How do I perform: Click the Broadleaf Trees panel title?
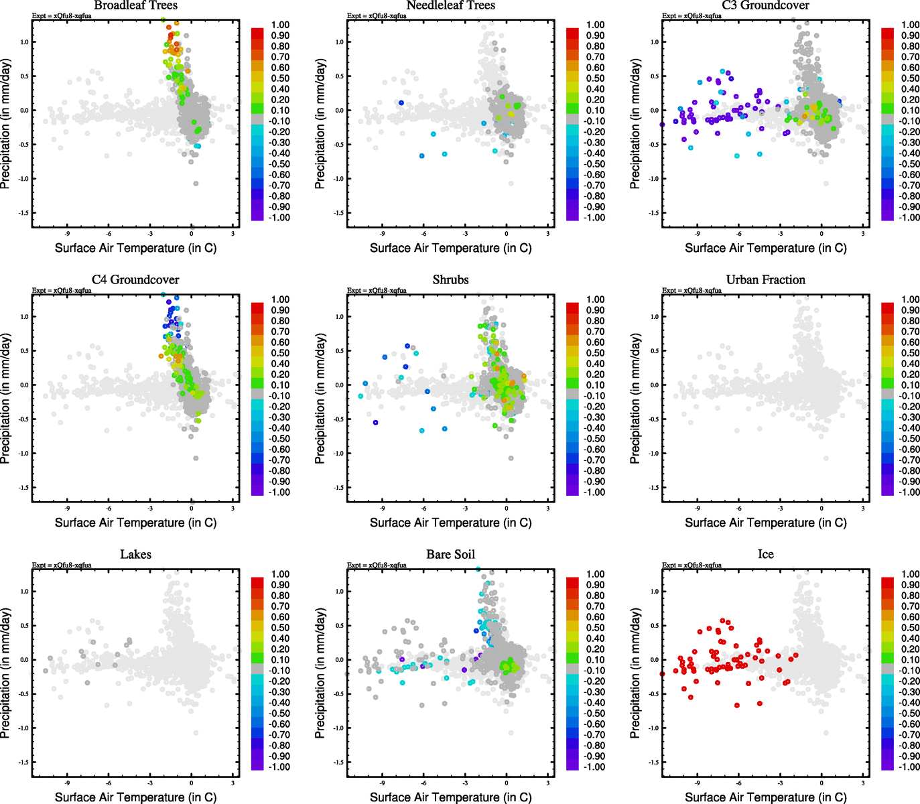pos(135,5)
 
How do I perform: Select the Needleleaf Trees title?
pos(450,5)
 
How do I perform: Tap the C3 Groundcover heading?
pos(765,5)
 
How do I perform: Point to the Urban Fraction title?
pos(765,280)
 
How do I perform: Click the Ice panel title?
pos(765,555)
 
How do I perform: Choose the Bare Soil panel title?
pos(450,555)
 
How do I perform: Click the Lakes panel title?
pos(135,555)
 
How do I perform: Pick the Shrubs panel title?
pos(450,280)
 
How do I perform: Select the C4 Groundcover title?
pos(135,280)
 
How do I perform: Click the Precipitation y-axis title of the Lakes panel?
pos(6,673)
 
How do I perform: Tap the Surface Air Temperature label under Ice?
pos(765,797)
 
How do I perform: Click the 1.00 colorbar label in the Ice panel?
pos(910,574)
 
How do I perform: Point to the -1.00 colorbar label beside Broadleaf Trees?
pos(280,218)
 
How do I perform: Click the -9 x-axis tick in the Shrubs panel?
pos(382,509)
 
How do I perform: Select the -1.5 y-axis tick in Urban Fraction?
pos(654,488)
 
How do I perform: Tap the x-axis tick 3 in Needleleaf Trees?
pos(547,234)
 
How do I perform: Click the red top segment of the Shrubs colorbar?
pos(573,308)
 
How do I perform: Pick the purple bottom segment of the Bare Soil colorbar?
pos(573,764)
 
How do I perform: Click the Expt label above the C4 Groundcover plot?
pos(62,291)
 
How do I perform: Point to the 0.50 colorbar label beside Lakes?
pos(280,628)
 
